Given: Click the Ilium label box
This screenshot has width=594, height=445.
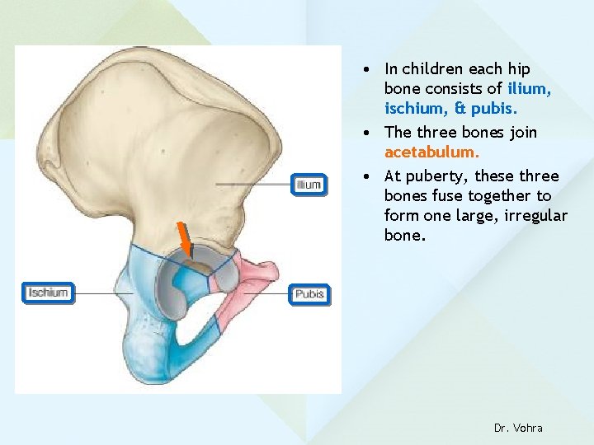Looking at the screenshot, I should click(x=309, y=185).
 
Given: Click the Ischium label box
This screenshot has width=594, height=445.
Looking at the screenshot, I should click(x=49, y=293).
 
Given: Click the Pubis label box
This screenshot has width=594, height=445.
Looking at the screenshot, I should click(x=309, y=294).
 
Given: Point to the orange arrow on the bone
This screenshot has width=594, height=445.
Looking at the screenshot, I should click(x=185, y=239).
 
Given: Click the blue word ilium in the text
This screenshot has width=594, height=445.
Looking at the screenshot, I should click(x=529, y=89).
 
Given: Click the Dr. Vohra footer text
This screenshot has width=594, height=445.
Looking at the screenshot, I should click(x=518, y=428).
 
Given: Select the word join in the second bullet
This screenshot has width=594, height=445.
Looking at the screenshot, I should click(x=522, y=132).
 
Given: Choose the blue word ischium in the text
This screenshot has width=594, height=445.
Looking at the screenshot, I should click(x=412, y=109).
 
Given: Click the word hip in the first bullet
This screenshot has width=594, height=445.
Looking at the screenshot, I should click(x=520, y=69).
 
